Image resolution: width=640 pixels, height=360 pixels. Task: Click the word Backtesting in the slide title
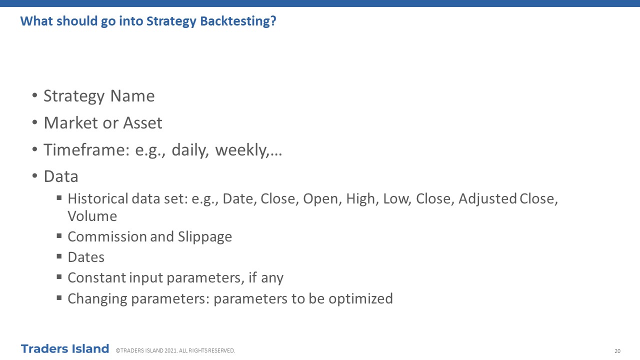click(238, 21)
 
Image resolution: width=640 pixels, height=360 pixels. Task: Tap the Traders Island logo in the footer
click(65, 349)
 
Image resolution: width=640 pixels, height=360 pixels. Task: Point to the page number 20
click(617, 351)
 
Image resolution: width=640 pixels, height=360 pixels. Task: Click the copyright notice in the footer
click(175, 350)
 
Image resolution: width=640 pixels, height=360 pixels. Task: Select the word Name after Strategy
click(132, 95)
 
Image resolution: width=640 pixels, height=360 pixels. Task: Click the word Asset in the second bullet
click(142, 123)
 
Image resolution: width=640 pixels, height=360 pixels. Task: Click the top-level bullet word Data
click(61, 176)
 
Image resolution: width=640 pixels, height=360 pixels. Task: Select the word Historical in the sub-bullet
click(97, 198)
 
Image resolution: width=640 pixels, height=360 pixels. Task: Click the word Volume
click(92, 216)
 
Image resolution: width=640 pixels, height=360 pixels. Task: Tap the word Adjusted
click(487, 199)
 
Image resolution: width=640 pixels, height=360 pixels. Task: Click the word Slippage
click(205, 237)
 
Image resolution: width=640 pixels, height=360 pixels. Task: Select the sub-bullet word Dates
click(86, 257)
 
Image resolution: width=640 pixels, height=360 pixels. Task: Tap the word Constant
click(97, 277)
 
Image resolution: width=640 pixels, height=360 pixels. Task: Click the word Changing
click(97, 299)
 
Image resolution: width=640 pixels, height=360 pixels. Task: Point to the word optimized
click(360, 299)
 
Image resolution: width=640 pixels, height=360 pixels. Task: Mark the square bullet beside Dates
click(59, 256)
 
